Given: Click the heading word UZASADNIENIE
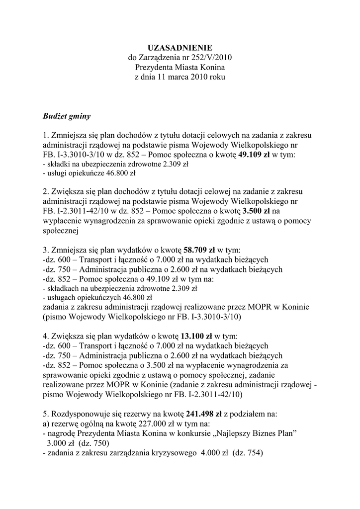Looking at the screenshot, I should (180, 48).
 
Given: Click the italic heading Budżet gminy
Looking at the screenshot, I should (67, 116).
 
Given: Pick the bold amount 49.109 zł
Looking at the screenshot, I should (255, 155).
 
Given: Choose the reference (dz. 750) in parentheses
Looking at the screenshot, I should (93, 443).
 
